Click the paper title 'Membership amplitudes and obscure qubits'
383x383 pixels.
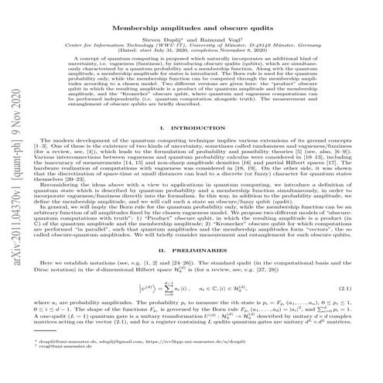click(192, 26)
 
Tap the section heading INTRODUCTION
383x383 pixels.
click(197, 125)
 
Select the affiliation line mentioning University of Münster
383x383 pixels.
click(191, 45)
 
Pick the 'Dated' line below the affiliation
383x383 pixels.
click(191, 51)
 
